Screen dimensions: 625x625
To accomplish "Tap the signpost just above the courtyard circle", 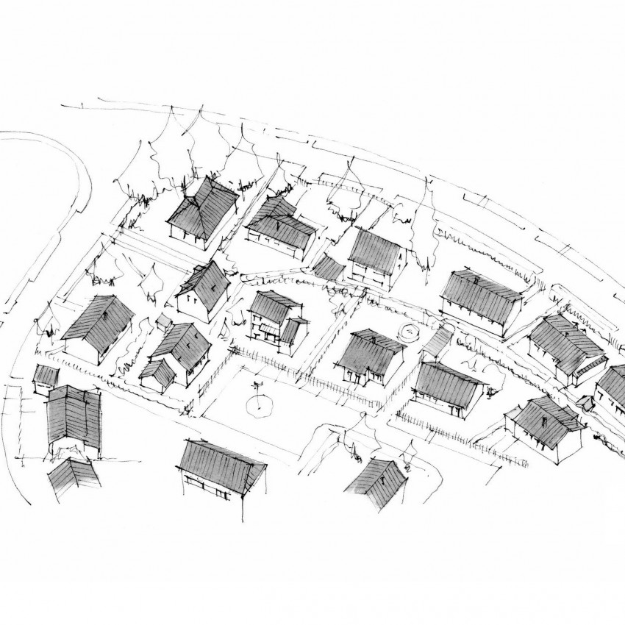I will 256,384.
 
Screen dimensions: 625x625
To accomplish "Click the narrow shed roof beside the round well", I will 438,340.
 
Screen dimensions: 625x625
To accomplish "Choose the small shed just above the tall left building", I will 46,375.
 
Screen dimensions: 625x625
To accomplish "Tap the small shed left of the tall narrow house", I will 329,268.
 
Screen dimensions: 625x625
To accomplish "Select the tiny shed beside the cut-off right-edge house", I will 586,402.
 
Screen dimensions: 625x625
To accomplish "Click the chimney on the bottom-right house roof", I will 543,420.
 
